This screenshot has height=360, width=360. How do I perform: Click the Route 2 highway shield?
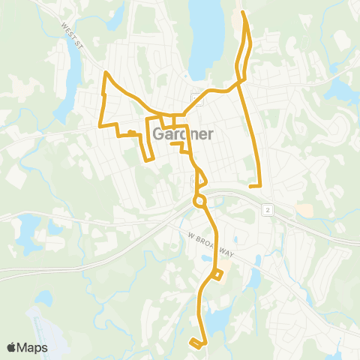tap(268, 211)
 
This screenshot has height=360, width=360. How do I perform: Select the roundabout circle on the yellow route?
tap(199, 201)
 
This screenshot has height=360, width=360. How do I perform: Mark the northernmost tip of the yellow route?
tap(242, 12)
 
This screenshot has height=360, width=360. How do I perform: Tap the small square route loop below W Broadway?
tap(217, 275)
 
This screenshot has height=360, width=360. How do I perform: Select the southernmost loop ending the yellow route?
tap(196, 343)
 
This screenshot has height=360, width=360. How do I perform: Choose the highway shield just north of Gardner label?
tap(195, 97)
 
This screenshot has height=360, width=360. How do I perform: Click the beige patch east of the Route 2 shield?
tap(304, 210)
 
